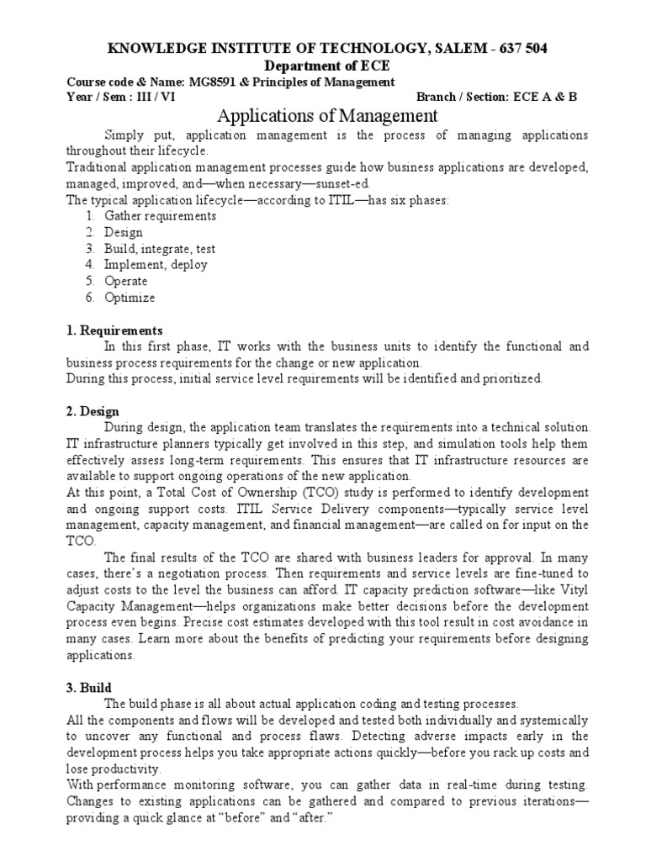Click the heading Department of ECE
pos(322,66)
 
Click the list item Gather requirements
pos(160,216)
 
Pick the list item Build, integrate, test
pos(160,249)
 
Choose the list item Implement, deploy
pos(156,265)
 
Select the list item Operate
pos(125,281)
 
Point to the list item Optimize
pos(130,297)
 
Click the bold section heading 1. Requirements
pos(114,330)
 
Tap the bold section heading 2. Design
pos(93,411)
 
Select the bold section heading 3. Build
pos(89,687)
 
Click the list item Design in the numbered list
pos(124,232)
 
